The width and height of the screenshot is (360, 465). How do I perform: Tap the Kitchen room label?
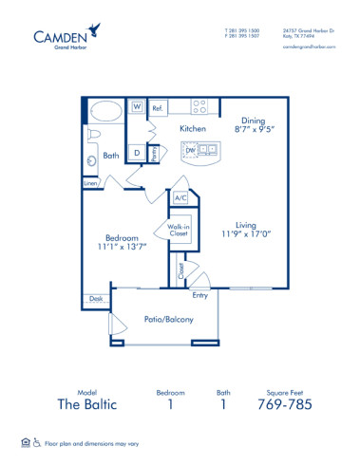tap(193, 127)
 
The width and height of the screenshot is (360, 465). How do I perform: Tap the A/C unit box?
tap(180, 198)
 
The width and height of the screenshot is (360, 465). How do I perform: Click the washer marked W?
tap(137, 107)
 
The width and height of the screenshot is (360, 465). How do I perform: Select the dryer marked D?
tap(137, 152)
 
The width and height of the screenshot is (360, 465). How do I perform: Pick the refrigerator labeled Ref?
tap(157, 108)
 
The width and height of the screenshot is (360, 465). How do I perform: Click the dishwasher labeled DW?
tap(190, 150)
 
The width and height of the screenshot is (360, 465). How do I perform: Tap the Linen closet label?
tap(90, 183)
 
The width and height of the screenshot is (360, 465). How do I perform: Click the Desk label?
tap(94, 298)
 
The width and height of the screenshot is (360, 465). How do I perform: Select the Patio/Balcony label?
tap(168, 319)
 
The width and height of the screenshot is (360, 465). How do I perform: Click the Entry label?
tap(200, 295)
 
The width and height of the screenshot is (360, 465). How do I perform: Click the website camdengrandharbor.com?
tap(310, 45)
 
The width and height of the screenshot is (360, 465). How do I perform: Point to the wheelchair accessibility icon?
tap(38, 442)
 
